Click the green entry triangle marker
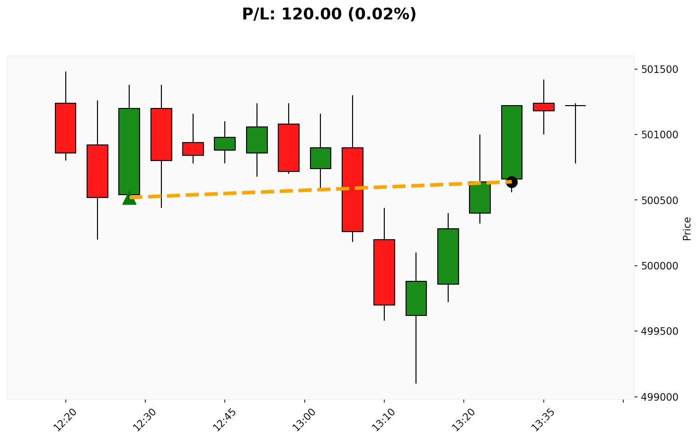click(129, 198)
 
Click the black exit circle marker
click(511, 182)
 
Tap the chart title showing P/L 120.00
click(329, 14)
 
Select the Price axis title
click(687, 228)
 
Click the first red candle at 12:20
click(65, 128)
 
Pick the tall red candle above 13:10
click(384, 272)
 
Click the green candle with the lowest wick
click(416, 298)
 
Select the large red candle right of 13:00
click(353, 189)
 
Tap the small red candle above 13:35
click(543, 107)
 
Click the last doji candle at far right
click(575, 106)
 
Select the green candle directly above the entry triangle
click(129, 151)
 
